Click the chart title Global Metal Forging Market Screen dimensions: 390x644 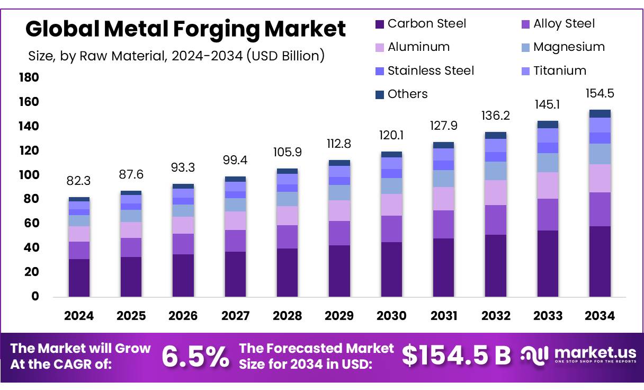[185, 29]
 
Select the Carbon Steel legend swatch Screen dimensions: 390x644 [379, 24]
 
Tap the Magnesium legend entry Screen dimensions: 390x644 [568, 47]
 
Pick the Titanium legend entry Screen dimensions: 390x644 [559, 70]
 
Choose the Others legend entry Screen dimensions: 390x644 [407, 94]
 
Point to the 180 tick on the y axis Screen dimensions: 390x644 [29, 78]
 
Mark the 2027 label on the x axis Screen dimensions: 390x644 [235, 316]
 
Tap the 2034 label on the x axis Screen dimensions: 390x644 [600, 316]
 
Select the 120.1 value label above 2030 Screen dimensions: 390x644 [392, 136]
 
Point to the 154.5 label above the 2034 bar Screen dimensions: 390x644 [600, 93]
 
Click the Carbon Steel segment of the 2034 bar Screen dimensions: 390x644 [600, 261]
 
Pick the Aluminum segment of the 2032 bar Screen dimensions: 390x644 [496, 192]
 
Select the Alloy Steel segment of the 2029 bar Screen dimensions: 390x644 [339, 233]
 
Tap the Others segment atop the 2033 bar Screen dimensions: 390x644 [548, 125]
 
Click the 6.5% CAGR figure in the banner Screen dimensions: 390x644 [195, 357]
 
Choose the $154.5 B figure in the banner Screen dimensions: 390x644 [456, 356]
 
